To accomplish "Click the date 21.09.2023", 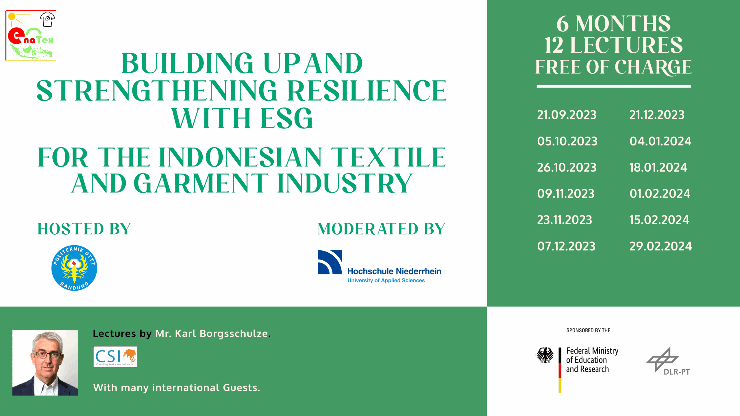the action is point(567,115).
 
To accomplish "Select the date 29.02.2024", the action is point(661,246).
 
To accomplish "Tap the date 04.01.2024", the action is point(660,141).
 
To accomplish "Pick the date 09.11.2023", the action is point(566,194).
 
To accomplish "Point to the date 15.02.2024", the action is point(659,220).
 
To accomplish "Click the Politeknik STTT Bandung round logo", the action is point(74,268).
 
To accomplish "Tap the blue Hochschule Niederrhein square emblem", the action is point(330,262).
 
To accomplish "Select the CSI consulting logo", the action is point(115,357).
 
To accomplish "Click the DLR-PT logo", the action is point(668,361).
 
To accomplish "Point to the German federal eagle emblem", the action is point(545,355).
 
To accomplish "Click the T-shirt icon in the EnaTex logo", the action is point(47,19).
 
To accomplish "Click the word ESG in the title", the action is point(286,118).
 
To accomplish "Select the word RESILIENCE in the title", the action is point(367,91).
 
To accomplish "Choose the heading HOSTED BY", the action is point(84,229).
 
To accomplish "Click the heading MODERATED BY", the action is point(381,229).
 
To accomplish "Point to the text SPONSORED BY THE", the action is point(588,330).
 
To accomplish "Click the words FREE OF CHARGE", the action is point(613,67).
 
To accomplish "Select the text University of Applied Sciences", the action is point(386,281).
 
